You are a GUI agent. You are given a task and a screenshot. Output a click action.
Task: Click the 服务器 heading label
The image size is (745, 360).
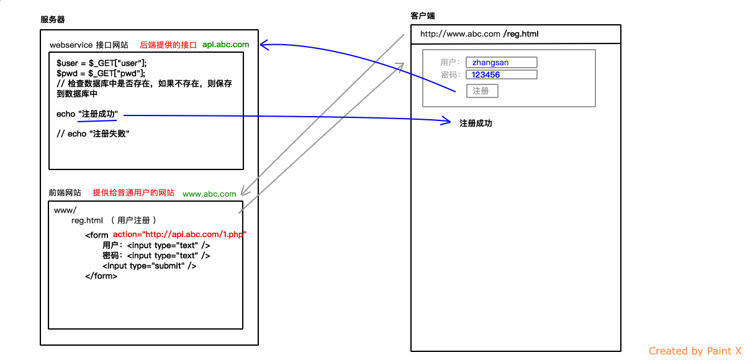coord(53,19)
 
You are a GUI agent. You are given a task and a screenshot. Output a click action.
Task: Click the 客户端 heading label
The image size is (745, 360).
coord(423,15)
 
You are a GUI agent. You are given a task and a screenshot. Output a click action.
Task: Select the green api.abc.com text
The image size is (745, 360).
coord(225,45)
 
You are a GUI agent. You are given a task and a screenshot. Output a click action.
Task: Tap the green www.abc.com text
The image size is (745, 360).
coord(209,194)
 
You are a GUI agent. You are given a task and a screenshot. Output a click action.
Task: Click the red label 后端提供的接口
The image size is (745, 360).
coord(168,45)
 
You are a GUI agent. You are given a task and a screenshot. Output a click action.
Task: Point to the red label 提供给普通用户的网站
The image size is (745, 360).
coord(133,193)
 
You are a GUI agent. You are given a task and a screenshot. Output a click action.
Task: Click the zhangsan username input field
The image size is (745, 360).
coord(502,62)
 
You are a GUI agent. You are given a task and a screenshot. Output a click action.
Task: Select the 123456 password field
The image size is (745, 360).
coord(502,74)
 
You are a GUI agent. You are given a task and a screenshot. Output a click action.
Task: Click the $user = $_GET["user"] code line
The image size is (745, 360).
coord(102,63)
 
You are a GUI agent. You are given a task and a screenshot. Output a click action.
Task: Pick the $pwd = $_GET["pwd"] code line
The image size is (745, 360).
coord(101,73)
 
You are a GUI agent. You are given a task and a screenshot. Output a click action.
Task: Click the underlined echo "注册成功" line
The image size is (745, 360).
coord(88,114)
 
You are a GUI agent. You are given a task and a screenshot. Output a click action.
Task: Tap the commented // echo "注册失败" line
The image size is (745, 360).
coord(93,133)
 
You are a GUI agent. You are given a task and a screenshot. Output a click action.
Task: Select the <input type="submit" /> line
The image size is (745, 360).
coord(150,266)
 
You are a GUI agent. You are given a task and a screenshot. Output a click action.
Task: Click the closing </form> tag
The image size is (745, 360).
coord(101,276)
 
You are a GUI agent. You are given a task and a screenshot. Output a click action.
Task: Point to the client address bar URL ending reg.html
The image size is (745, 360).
coord(479,34)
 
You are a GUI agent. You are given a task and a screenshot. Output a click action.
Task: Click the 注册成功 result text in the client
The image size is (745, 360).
coord(476,124)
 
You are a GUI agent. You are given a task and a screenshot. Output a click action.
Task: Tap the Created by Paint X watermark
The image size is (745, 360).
coord(695,351)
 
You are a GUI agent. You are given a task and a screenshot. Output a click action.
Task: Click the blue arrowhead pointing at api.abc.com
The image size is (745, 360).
coord(264,45)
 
